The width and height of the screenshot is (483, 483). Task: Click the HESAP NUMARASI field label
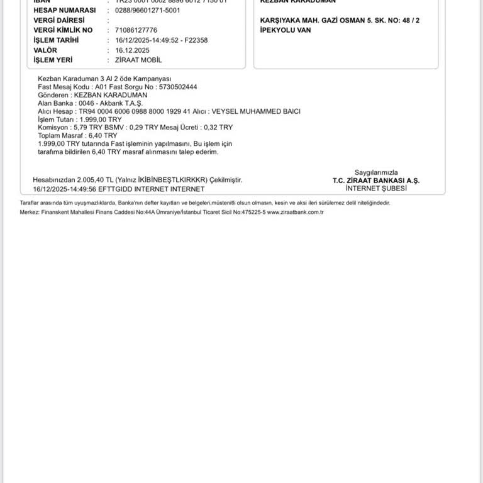click(64, 10)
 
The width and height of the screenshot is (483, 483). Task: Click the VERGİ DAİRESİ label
click(58, 20)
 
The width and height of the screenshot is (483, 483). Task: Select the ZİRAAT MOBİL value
click(138, 60)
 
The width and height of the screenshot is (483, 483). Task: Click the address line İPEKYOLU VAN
click(286, 30)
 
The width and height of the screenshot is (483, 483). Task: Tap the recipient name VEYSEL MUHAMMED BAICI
click(256, 111)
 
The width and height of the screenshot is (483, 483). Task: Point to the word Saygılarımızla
click(376, 172)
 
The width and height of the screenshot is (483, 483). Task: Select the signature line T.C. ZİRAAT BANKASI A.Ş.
click(376, 180)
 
